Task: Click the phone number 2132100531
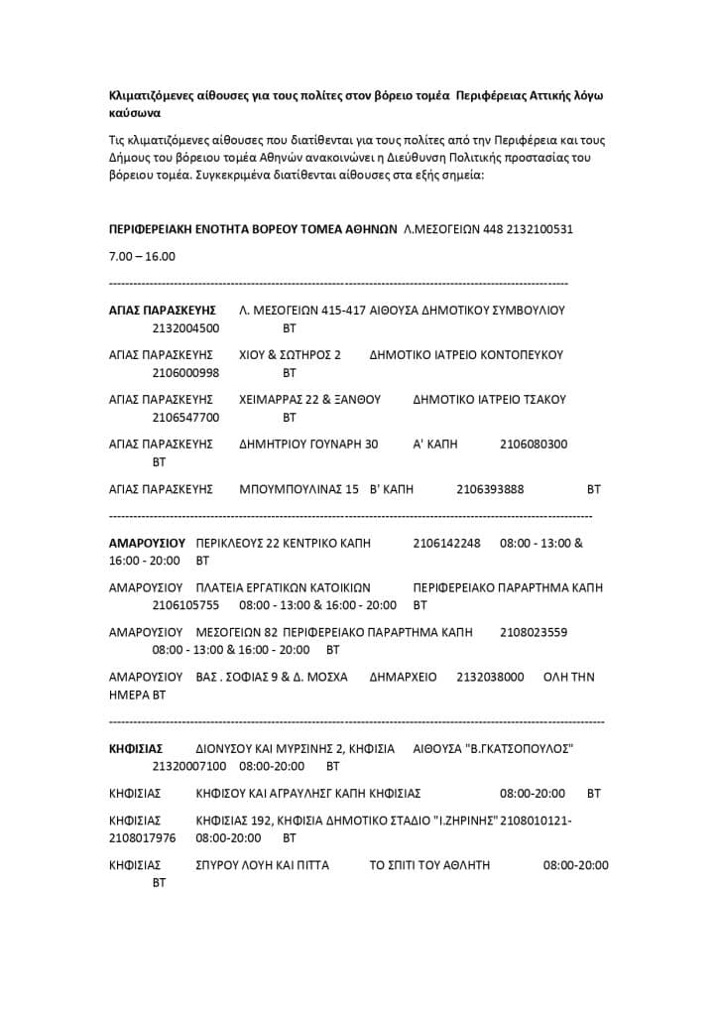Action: pos(539,229)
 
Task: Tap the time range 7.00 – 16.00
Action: pos(142,256)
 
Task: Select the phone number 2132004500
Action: pos(186,328)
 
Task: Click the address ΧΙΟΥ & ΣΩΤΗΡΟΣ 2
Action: pos(290,354)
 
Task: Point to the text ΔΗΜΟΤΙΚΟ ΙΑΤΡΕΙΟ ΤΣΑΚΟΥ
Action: pos(489,400)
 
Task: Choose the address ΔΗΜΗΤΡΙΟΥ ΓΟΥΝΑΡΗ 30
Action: pos(308,444)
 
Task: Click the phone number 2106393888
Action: pos(490,489)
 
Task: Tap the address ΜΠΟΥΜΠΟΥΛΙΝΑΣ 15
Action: pos(299,489)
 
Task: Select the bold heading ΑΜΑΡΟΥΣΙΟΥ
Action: pos(147,543)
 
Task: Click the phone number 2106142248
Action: pos(446,543)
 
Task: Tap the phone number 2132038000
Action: pos(490,677)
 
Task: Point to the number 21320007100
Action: pos(189,766)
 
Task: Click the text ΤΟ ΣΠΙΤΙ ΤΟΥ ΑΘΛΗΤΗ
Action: pos(429,865)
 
